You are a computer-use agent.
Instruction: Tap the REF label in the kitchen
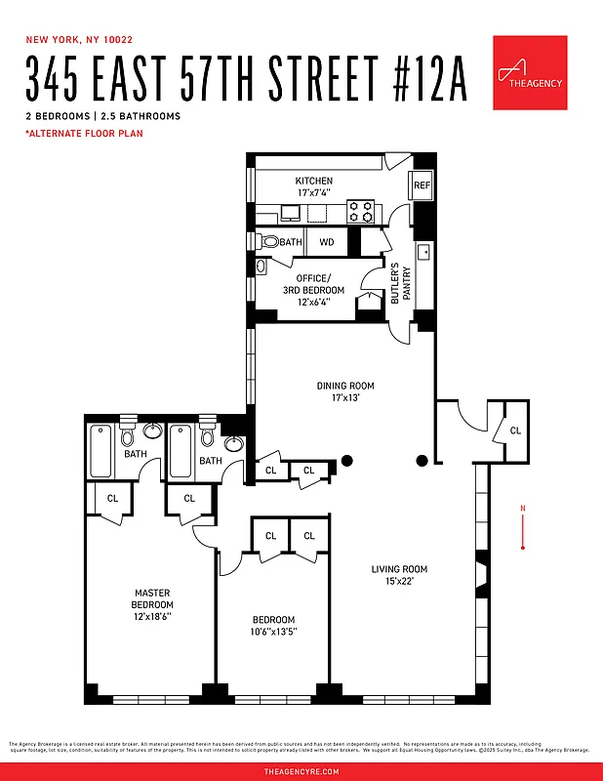[x=422, y=185]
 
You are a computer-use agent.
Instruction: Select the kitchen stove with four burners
[x=361, y=210]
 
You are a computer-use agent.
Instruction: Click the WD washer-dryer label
[x=327, y=241]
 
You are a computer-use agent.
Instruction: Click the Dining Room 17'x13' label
[x=345, y=391]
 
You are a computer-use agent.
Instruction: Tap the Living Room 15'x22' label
[x=399, y=576]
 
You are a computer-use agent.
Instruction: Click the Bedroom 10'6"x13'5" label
[x=273, y=626]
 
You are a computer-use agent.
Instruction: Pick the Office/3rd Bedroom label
[x=320, y=290]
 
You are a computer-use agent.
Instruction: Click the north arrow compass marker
[x=524, y=527]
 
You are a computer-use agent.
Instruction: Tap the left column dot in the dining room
[x=346, y=461]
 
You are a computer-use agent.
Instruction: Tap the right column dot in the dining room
[x=422, y=460]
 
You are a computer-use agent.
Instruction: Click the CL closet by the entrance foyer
[x=514, y=430]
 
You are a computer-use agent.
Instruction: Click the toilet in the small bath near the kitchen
[x=269, y=241]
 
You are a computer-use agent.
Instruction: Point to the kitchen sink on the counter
[x=290, y=211]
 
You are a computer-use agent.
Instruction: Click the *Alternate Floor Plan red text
[x=84, y=134]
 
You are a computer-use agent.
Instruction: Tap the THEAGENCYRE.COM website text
[x=301, y=771]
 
